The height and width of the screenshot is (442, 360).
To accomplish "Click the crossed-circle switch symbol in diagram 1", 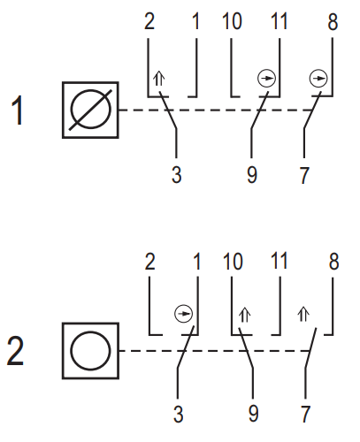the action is tap(90, 110).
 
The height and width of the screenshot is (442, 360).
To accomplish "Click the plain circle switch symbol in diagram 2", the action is tap(90, 351).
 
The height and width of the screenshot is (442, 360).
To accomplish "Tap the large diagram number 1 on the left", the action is tap(18, 110).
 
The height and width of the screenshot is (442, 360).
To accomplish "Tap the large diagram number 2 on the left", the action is tap(15, 351).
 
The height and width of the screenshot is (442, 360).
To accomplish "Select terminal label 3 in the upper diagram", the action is tap(177, 175).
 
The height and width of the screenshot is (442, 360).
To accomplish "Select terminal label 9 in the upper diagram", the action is tap(252, 175).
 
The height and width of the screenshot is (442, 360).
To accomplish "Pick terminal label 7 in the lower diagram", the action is tap(305, 414).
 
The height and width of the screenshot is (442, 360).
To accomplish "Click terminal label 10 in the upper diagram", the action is tap(232, 21).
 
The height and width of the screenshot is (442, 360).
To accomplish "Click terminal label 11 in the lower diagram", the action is tap(279, 261).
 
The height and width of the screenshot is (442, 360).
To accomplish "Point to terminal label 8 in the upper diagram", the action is tap(333, 21).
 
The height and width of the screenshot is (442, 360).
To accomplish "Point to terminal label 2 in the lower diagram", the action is tap(149, 261).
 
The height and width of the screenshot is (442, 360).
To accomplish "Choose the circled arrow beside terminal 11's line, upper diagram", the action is tap(266, 79).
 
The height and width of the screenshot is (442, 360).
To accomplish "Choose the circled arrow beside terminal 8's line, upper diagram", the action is tap(318, 79).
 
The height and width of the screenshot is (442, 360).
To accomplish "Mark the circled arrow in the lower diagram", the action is tap(183, 314).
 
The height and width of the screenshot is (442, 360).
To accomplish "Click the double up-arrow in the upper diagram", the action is tap(159, 79).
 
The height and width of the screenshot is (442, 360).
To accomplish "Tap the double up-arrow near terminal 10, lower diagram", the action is tap(245, 315).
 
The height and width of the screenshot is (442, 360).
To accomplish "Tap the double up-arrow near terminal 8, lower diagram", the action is tap(303, 314).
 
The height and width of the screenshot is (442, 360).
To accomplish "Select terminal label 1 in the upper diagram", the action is tap(196, 21).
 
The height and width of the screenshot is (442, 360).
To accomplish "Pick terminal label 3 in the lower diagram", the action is tap(179, 414).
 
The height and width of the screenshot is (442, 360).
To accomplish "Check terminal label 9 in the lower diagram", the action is tap(254, 414).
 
